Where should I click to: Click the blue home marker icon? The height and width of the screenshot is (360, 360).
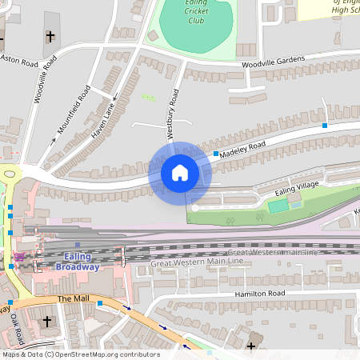[180, 173]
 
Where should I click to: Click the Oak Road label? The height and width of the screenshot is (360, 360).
[17, 325]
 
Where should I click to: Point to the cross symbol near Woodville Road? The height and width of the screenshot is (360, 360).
[51, 37]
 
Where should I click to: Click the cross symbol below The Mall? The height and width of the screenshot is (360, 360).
[46, 322]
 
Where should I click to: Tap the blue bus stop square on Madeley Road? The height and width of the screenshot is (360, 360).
[216, 153]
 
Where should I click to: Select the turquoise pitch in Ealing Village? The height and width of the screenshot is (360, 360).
[278, 206]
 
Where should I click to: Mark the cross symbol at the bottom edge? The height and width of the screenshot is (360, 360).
[252, 346]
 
